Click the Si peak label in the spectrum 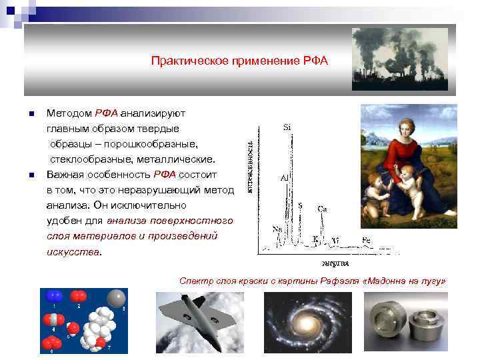pos(287,126)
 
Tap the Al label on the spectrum pos(285,179)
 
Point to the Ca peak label pos(321,208)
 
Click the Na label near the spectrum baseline pos(277,229)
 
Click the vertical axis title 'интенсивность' pos(250,166)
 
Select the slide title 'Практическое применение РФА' pos(240,61)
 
